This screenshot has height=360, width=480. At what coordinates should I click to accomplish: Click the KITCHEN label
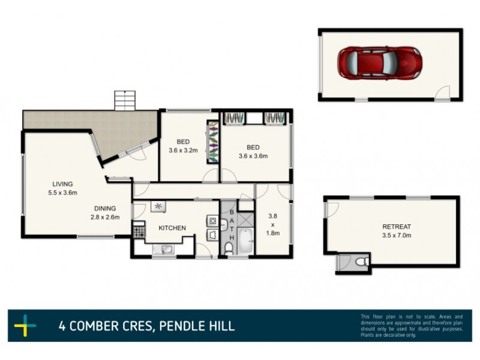pyautogui.click(x=172, y=228)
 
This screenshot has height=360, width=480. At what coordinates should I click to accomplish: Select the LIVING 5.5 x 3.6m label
pyautogui.click(x=62, y=188)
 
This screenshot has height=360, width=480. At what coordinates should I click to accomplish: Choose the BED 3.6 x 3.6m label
pyautogui.click(x=253, y=151)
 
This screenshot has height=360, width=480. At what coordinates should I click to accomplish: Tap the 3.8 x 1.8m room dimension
pyautogui.click(x=272, y=224)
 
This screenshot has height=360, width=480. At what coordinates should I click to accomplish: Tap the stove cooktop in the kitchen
pyautogui.click(x=139, y=231)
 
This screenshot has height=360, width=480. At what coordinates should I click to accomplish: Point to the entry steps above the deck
pyautogui.click(x=124, y=100)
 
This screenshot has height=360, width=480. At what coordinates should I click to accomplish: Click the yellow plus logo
pyautogui.click(x=25, y=326)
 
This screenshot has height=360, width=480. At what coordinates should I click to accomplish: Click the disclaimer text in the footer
pyautogui.click(x=411, y=325)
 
